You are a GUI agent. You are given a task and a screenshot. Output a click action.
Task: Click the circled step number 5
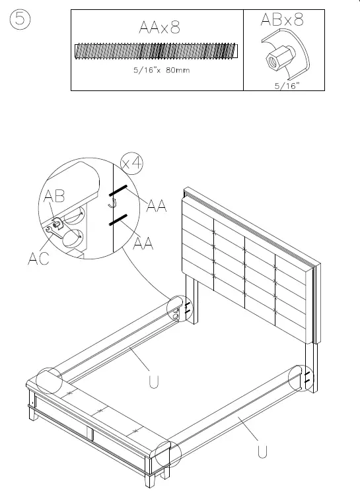20,21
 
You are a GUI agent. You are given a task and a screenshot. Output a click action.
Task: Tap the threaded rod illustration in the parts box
157,51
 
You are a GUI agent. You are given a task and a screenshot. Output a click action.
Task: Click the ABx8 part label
283,20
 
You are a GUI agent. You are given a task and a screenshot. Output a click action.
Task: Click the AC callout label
38,259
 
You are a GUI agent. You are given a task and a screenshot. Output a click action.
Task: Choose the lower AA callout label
145,244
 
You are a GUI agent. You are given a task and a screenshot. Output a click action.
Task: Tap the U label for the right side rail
262,452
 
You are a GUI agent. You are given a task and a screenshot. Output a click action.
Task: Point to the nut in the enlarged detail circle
58,224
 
